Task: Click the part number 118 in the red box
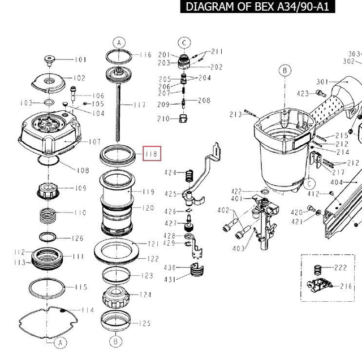[x=152, y=154]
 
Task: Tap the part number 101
[x=80, y=60]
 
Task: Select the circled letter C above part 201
[x=184, y=43]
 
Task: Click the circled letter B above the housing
[x=285, y=70]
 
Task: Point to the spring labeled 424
[x=189, y=176]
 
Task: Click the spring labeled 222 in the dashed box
[x=318, y=270]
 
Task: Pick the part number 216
[x=346, y=286]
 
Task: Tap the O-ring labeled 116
[x=119, y=57]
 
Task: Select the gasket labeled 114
[x=48, y=323]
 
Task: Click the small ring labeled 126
[x=48, y=237]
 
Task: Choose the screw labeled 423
[x=321, y=93]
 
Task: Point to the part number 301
[x=322, y=81]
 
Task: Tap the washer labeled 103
[x=49, y=102]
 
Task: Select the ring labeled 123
[x=116, y=275]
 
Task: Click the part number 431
[x=170, y=279]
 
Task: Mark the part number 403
[x=239, y=248]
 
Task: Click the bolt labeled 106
[x=73, y=94]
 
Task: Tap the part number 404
[x=337, y=183]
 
